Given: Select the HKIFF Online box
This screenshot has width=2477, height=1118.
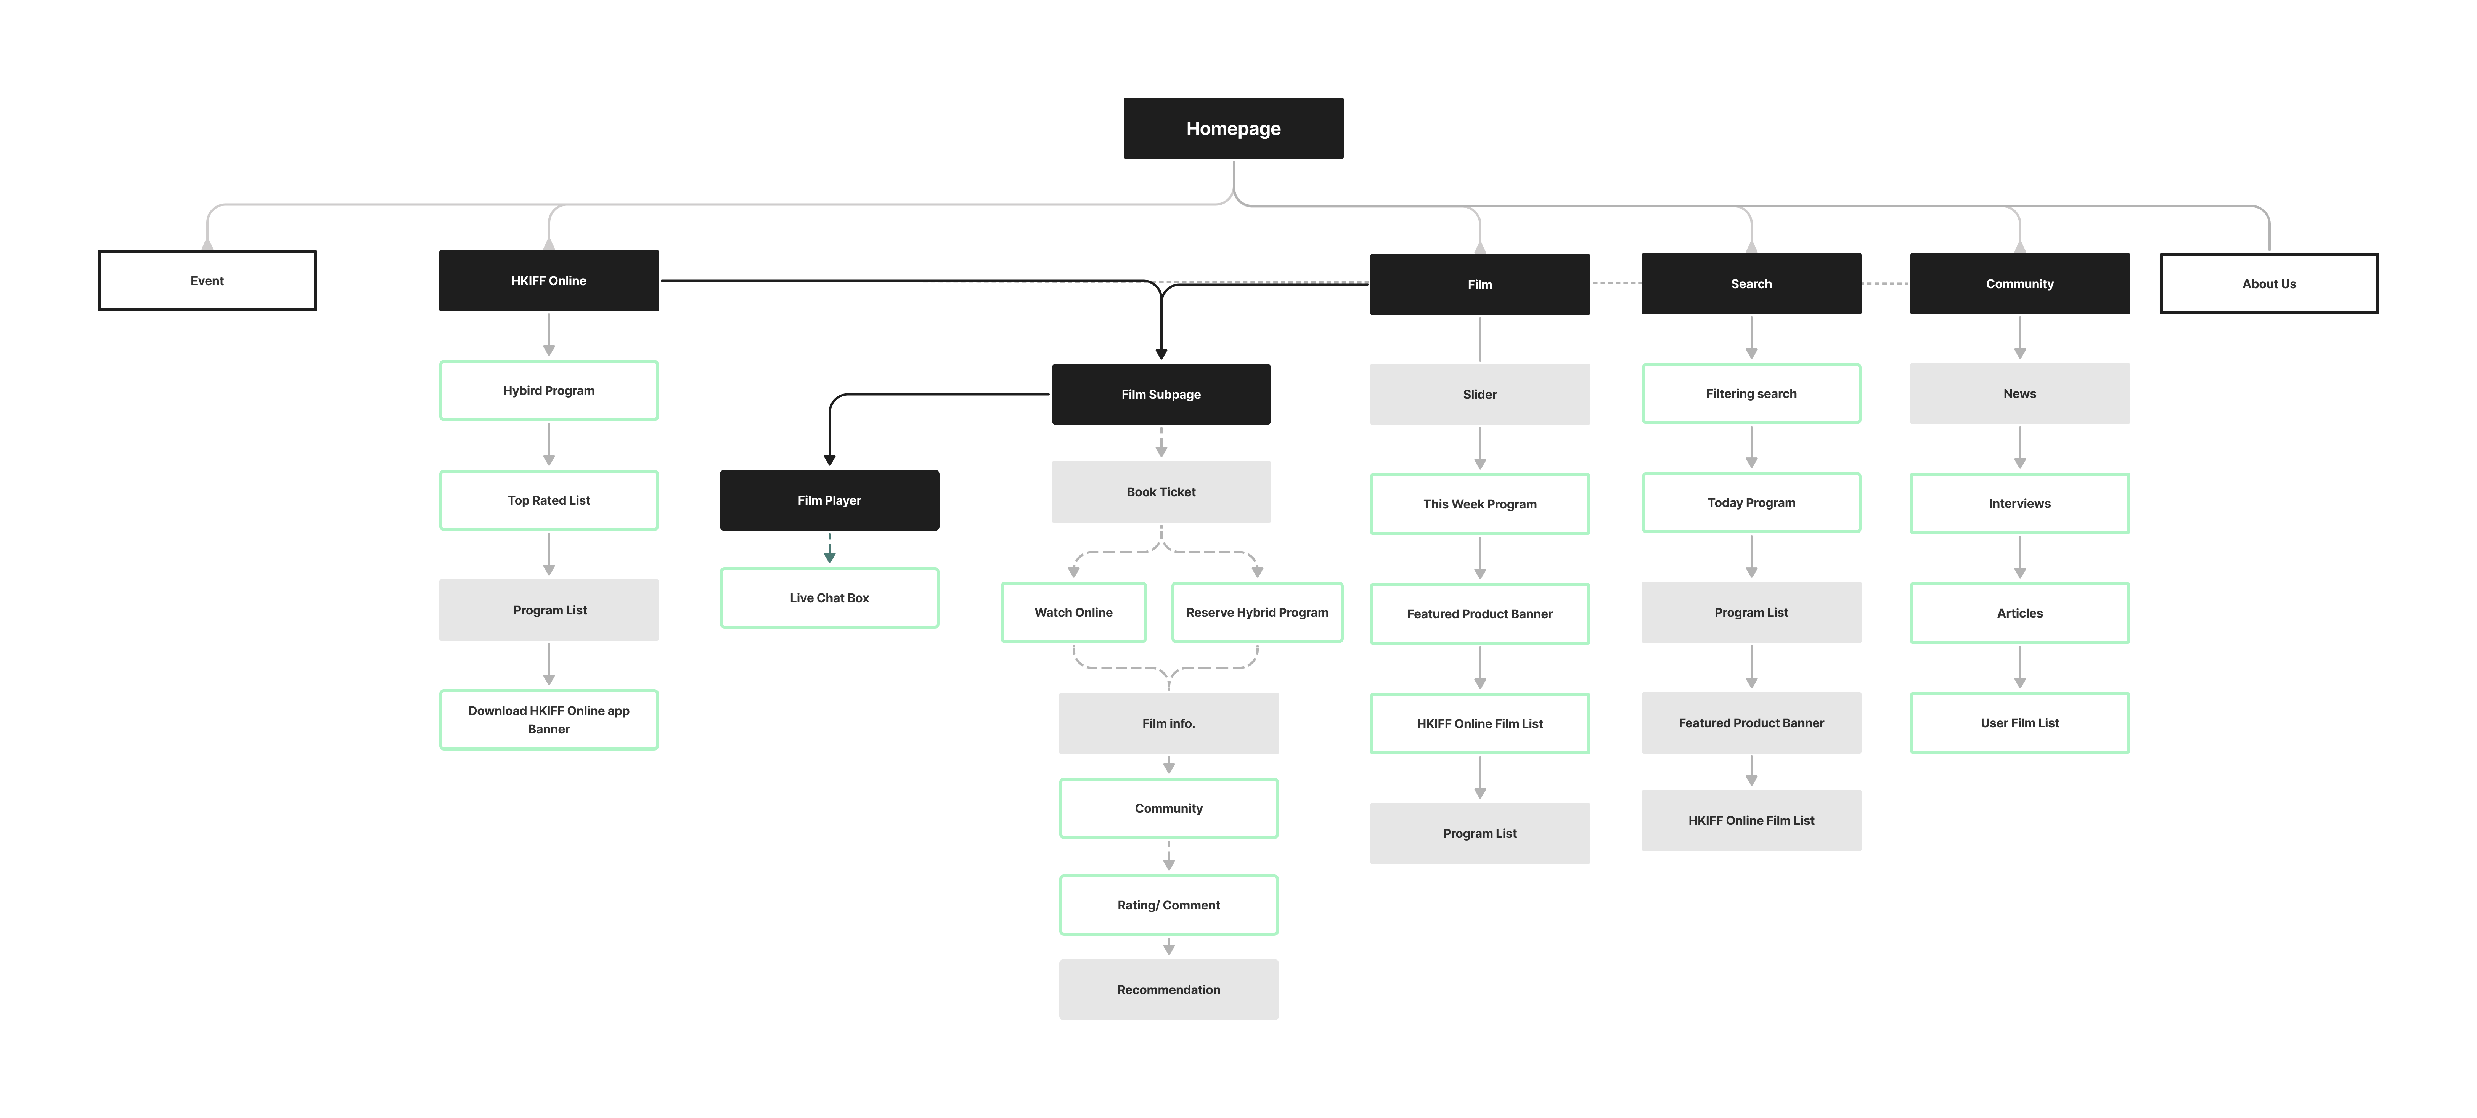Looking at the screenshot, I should point(548,281).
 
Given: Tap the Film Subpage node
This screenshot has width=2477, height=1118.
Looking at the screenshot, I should point(1161,394).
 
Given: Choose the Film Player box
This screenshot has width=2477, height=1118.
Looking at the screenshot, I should point(829,500).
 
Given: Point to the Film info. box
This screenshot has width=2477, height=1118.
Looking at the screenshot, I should point(1168,723).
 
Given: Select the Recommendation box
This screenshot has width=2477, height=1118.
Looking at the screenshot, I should point(1168,989).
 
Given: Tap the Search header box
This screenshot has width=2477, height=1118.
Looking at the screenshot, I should point(1751,284).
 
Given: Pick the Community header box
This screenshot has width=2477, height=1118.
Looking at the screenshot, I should point(2019,284).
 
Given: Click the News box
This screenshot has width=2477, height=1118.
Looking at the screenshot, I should point(2019,393).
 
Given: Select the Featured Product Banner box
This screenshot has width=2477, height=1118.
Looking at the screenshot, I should point(1751,723).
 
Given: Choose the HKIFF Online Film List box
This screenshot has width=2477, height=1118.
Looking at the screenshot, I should point(1751,820).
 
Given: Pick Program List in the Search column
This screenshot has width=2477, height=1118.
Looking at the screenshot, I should point(1751,612).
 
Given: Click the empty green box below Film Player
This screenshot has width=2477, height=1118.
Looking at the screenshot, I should point(829,598).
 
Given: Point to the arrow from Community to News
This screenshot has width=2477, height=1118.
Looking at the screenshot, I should point(2019,338).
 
